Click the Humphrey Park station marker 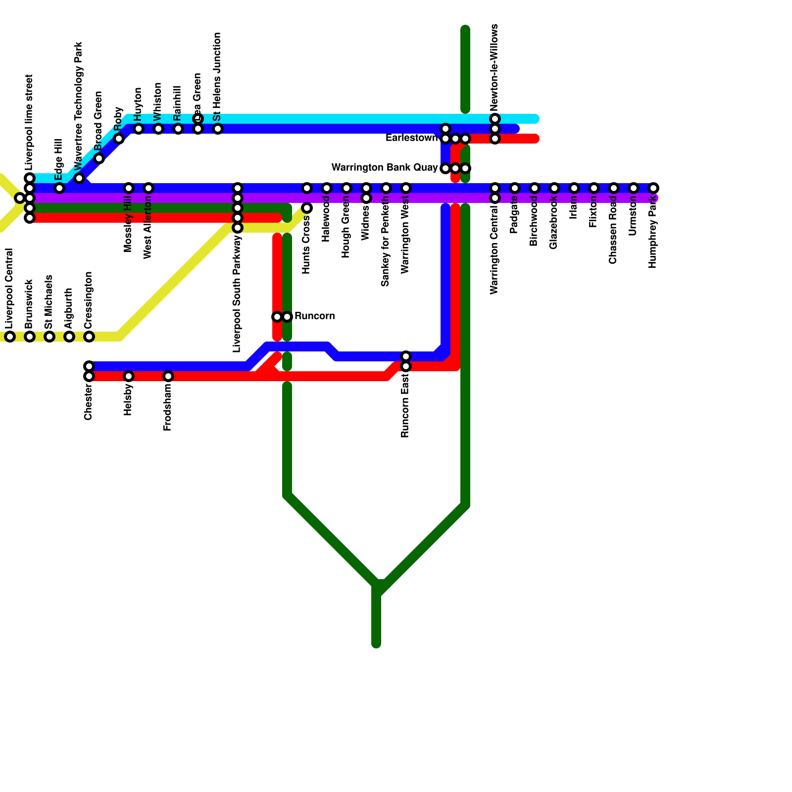[653, 188]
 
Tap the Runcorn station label [314, 316]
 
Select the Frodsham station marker [168, 376]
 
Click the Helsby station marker [129, 376]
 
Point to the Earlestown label [411, 138]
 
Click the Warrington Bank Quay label [384, 168]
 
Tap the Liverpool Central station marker [10, 337]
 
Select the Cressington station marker [89, 337]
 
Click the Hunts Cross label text [306, 245]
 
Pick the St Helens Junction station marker [218, 129]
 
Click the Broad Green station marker [99, 158]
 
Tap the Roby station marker [119, 139]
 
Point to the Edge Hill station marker [59, 188]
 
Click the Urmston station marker [634, 188]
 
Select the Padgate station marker [515, 188]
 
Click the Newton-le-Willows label [495, 67]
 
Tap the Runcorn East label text [405, 406]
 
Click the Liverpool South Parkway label [237, 294]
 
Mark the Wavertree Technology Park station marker [79, 178]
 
